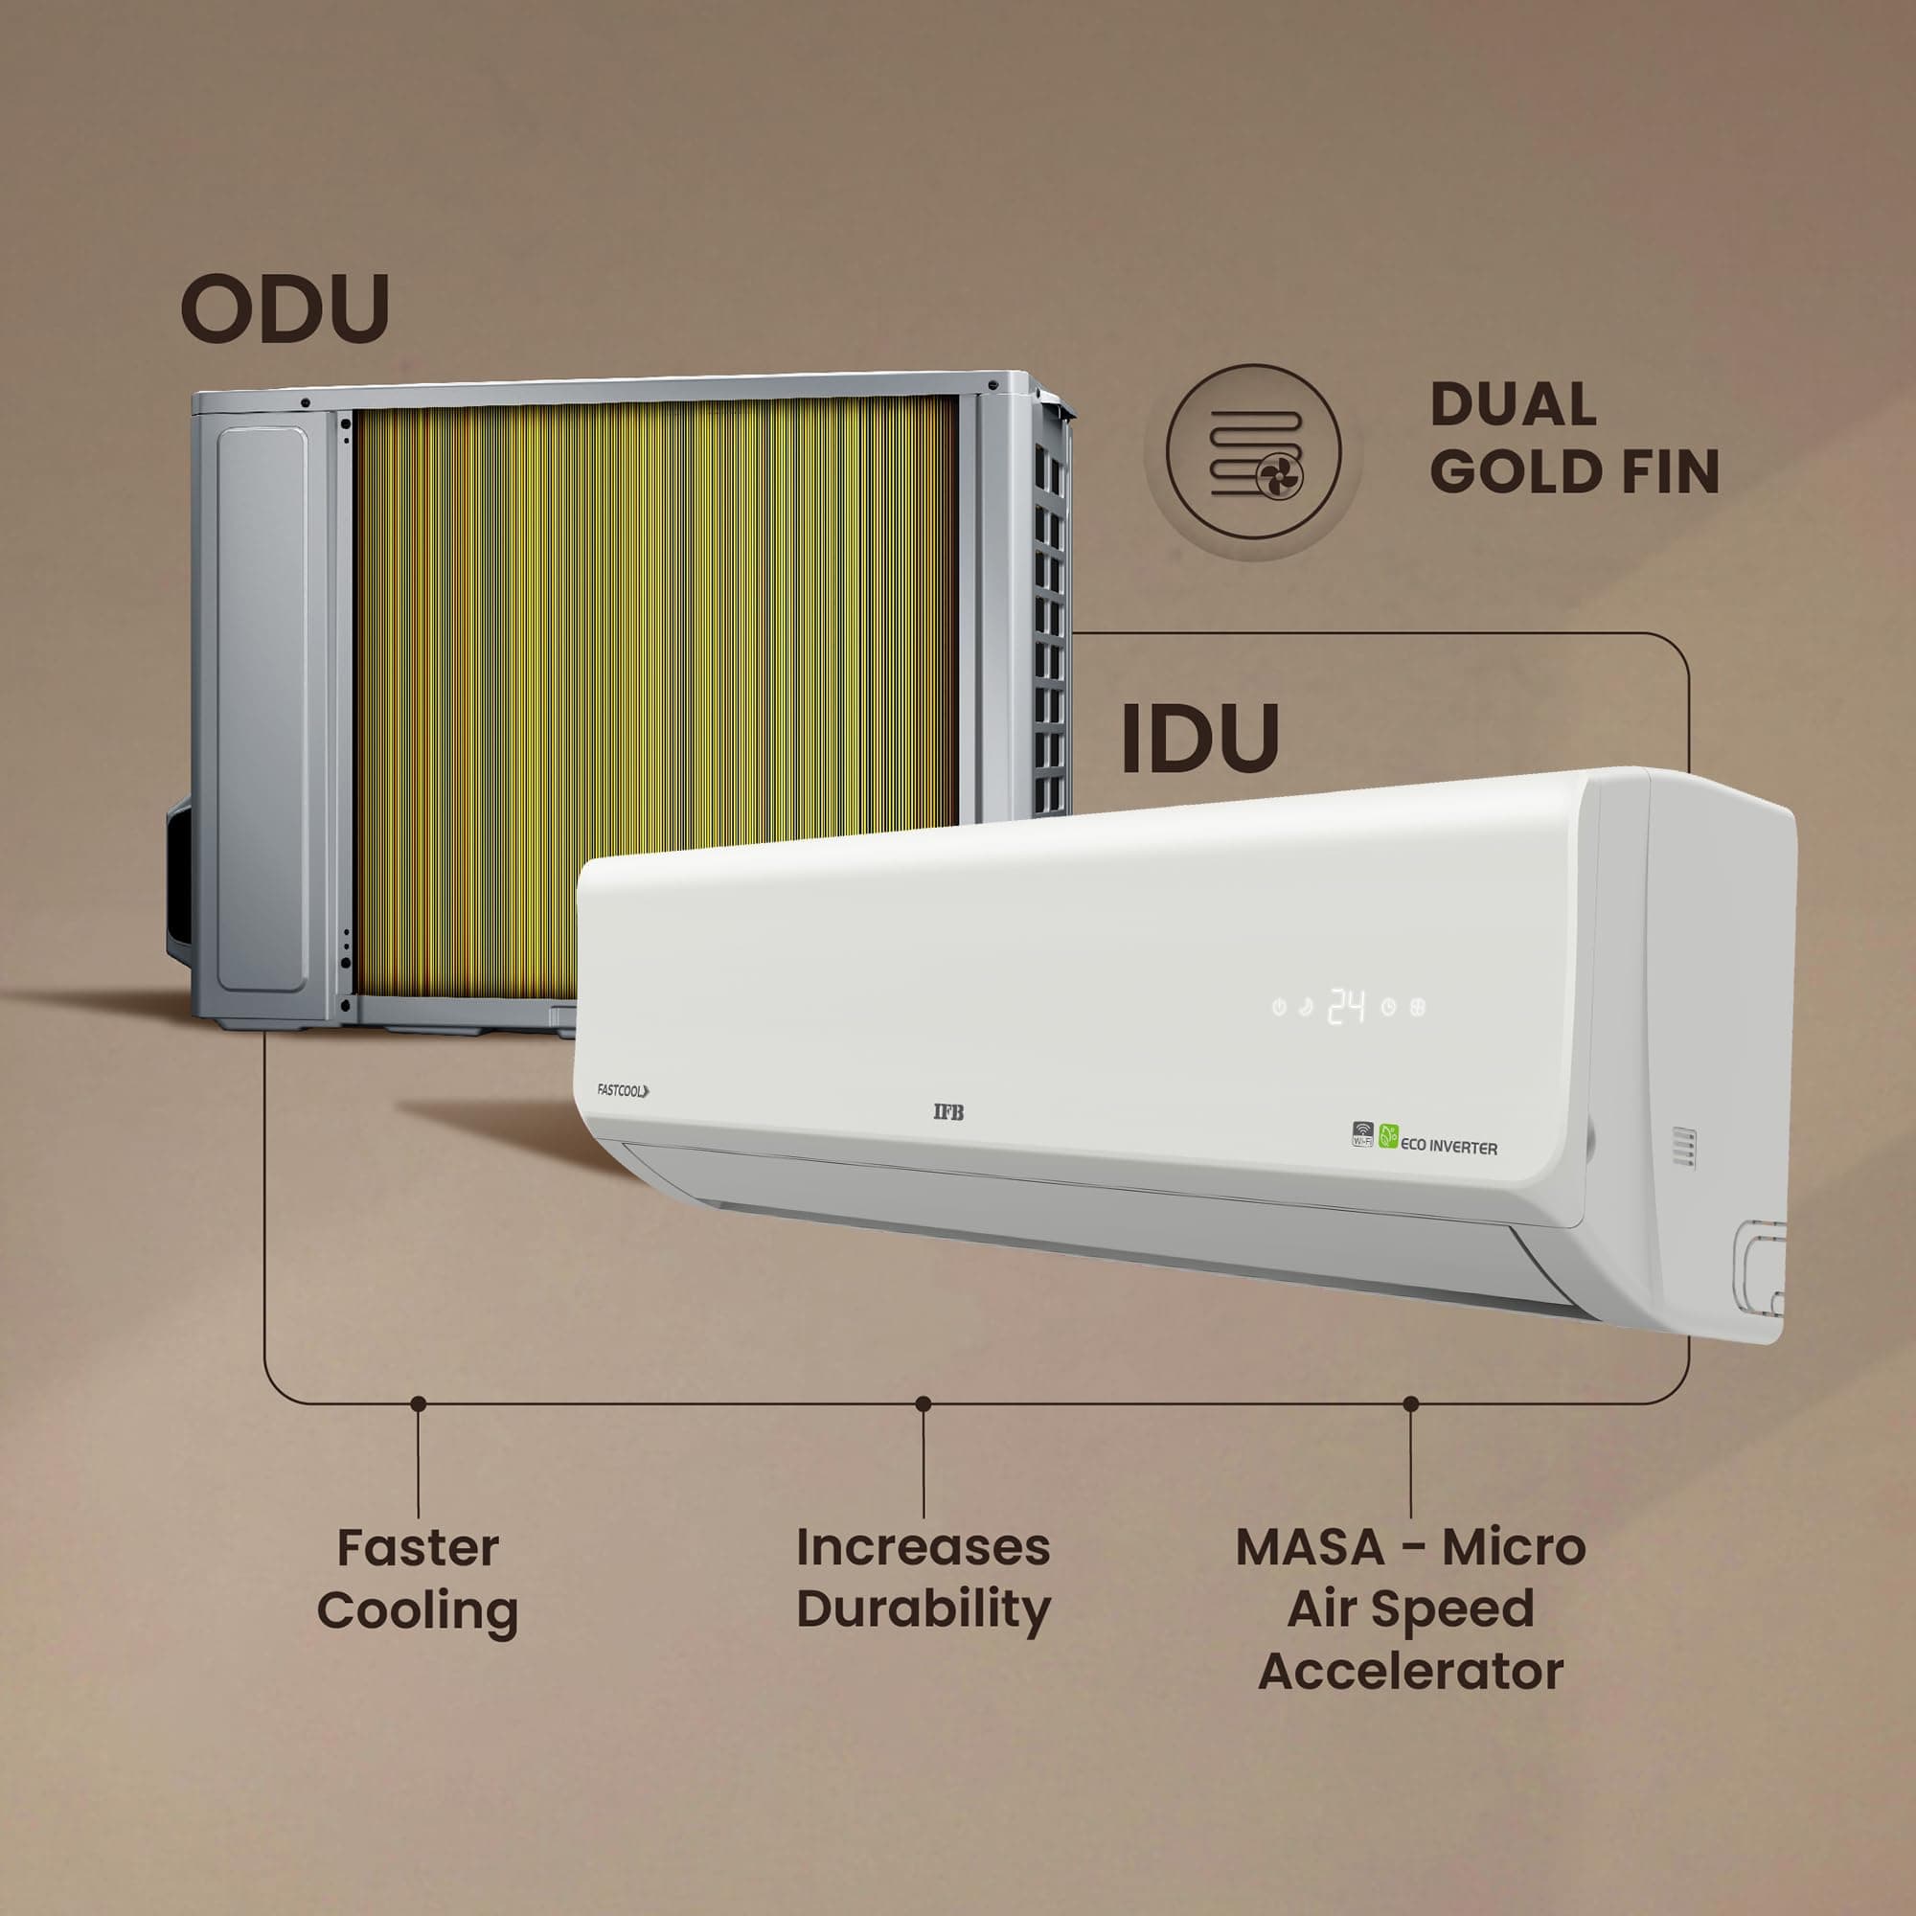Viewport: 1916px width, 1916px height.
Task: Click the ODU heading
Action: pyautogui.click(x=285, y=308)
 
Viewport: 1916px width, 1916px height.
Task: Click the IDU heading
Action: pyautogui.click(x=1199, y=738)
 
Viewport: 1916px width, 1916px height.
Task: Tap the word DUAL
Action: pyautogui.click(x=1513, y=404)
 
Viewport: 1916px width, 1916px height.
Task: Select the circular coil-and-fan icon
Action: pyautogui.click(x=1252, y=451)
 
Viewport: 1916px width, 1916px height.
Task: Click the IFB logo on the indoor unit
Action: pyautogui.click(x=948, y=1111)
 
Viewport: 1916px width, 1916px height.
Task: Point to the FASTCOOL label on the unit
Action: pyautogui.click(x=623, y=1091)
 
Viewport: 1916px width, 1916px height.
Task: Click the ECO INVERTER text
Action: pyautogui.click(x=1448, y=1147)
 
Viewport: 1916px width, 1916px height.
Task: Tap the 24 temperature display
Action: pyautogui.click(x=1347, y=1006)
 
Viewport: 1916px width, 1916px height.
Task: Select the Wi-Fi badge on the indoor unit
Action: pyautogui.click(x=1363, y=1134)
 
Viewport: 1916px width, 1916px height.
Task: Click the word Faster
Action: pyautogui.click(x=418, y=1548)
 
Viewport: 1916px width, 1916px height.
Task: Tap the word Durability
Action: pyautogui.click(x=924, y=1610)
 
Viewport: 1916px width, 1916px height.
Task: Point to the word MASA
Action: pyautogui.click(x=1308, y=1548)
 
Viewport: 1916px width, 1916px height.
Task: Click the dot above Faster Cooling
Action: pyautogui.click(x=419, y=1403)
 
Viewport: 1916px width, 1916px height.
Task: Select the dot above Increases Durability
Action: pyautogui.click(x=924, y=1403)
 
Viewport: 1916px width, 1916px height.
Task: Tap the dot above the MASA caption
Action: pyautogui.click(x=1411, y=1403)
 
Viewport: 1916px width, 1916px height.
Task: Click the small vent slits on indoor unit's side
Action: pyautogui.click(x=1684, y=1147)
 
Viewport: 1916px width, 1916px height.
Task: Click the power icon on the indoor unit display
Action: pyautogui.click(x=1279, y=1008)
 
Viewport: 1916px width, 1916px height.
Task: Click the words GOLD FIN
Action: pyautogui.click(x=1574, y=471)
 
